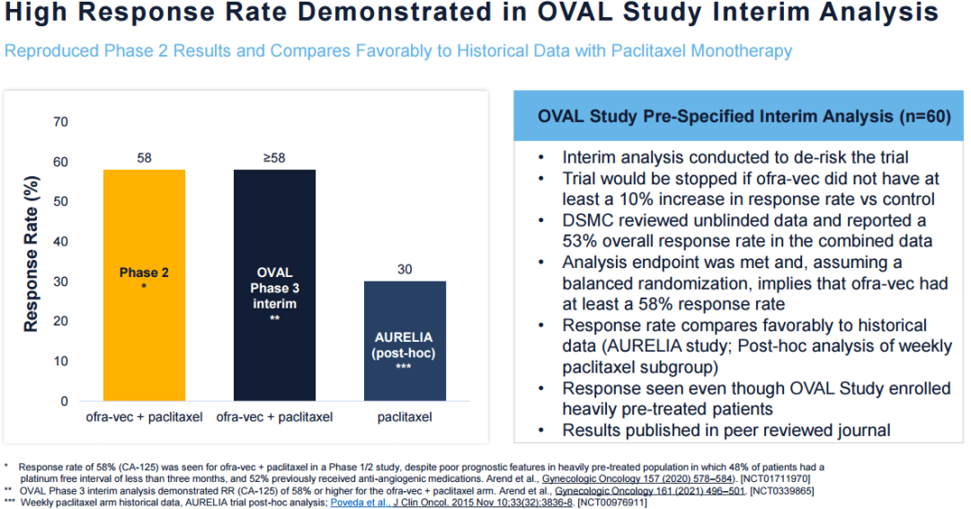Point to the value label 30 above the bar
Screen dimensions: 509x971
coord(405,269)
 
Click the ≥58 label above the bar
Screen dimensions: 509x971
coord(274,157)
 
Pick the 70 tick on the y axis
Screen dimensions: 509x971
coord(60,121)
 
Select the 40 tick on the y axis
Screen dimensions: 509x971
coord(60,241)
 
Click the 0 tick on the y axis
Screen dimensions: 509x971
coord(64,401)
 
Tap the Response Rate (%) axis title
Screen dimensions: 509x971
coord(31,261)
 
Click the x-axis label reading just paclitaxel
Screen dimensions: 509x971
coord(405,417)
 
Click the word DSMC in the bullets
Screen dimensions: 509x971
coord(587,220)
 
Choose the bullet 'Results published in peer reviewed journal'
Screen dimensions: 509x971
coord(726,430)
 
